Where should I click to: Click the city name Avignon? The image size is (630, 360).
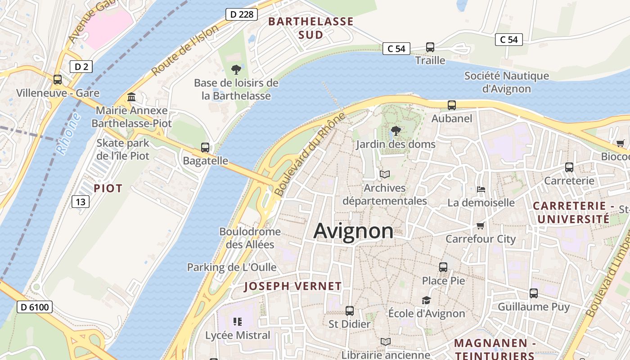pyautogui.click(x=353, y=231)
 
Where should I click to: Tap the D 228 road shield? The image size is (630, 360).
pyautogui.click(x=241, y=14)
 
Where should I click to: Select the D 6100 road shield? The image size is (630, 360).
pyautogui.click(x=35, y=307)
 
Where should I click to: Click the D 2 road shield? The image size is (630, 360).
pyautogui.click(x=81, y=67)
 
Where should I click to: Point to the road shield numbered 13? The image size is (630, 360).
pyautogui.click(x=80, y=202)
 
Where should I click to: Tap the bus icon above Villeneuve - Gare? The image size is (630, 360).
pyautogui.click(x=58, y=80)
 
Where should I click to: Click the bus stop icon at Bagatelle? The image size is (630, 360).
pyautogui.click(x=205, y=148)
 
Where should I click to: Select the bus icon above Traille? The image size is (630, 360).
pyautogui.click(x=430, y=47)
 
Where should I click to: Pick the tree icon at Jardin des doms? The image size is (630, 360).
pyautogui.click(x=396, y=131)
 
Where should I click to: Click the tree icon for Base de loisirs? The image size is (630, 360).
pyautogui.click(x=236, y=69)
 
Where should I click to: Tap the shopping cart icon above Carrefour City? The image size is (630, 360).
pyautogui.click(x=481, y=225)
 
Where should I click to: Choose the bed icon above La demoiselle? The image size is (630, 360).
pyautogui.click(x=481, y=189)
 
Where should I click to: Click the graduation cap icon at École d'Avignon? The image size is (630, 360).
pyautogui.click(x=426, y=300)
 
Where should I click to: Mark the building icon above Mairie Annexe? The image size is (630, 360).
pyautogui.click(x=131, y=97)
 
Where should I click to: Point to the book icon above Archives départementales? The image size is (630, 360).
pyautogui.click(x=385, y=174)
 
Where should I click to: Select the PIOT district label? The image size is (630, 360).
pyautogui.click(x=108, y=189)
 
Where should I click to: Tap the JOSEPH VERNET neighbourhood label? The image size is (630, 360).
pyautogui.click(x=292, y=286)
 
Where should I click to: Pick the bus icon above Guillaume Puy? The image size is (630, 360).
pyautogui.click(x=534, y=293)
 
